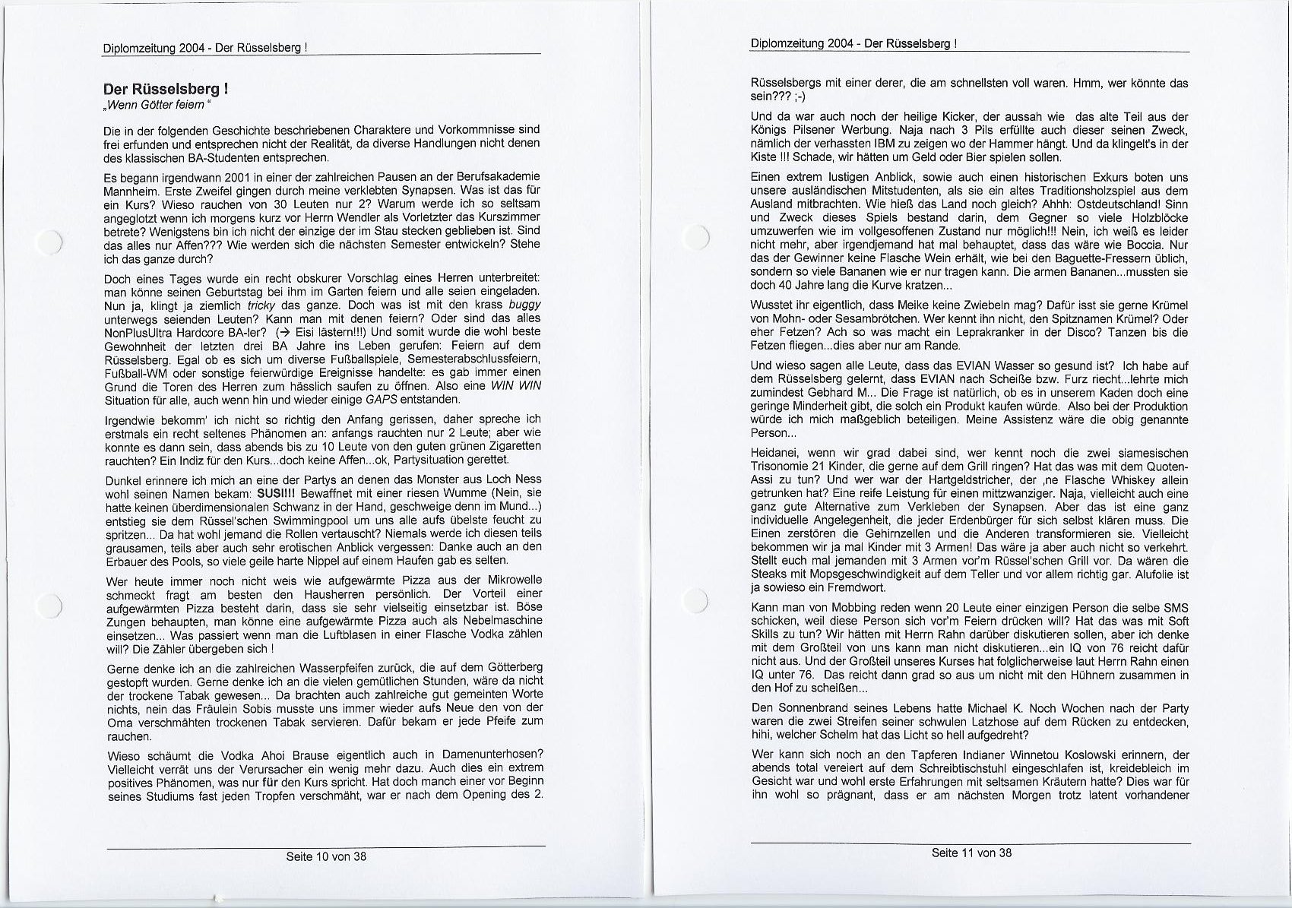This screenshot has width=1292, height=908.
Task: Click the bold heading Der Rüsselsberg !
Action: click(166, 89)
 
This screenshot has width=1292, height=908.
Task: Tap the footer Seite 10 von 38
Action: click(326, 856)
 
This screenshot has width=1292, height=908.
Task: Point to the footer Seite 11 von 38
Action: click(971, 853)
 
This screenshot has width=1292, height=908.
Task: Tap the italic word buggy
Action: click(524, 305)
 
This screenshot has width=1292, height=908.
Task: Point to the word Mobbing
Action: click(852, 608)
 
